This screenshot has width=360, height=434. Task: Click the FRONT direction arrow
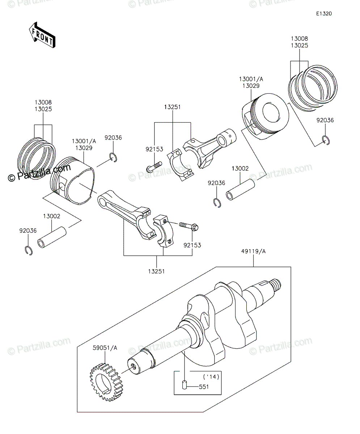click(x=42, y=35)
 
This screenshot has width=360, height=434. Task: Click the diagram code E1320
click(x=324, y=14)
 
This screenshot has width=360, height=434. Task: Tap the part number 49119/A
click(x=253, y=251)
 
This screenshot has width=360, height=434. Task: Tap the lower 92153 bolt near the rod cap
click(x=189, y=226)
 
